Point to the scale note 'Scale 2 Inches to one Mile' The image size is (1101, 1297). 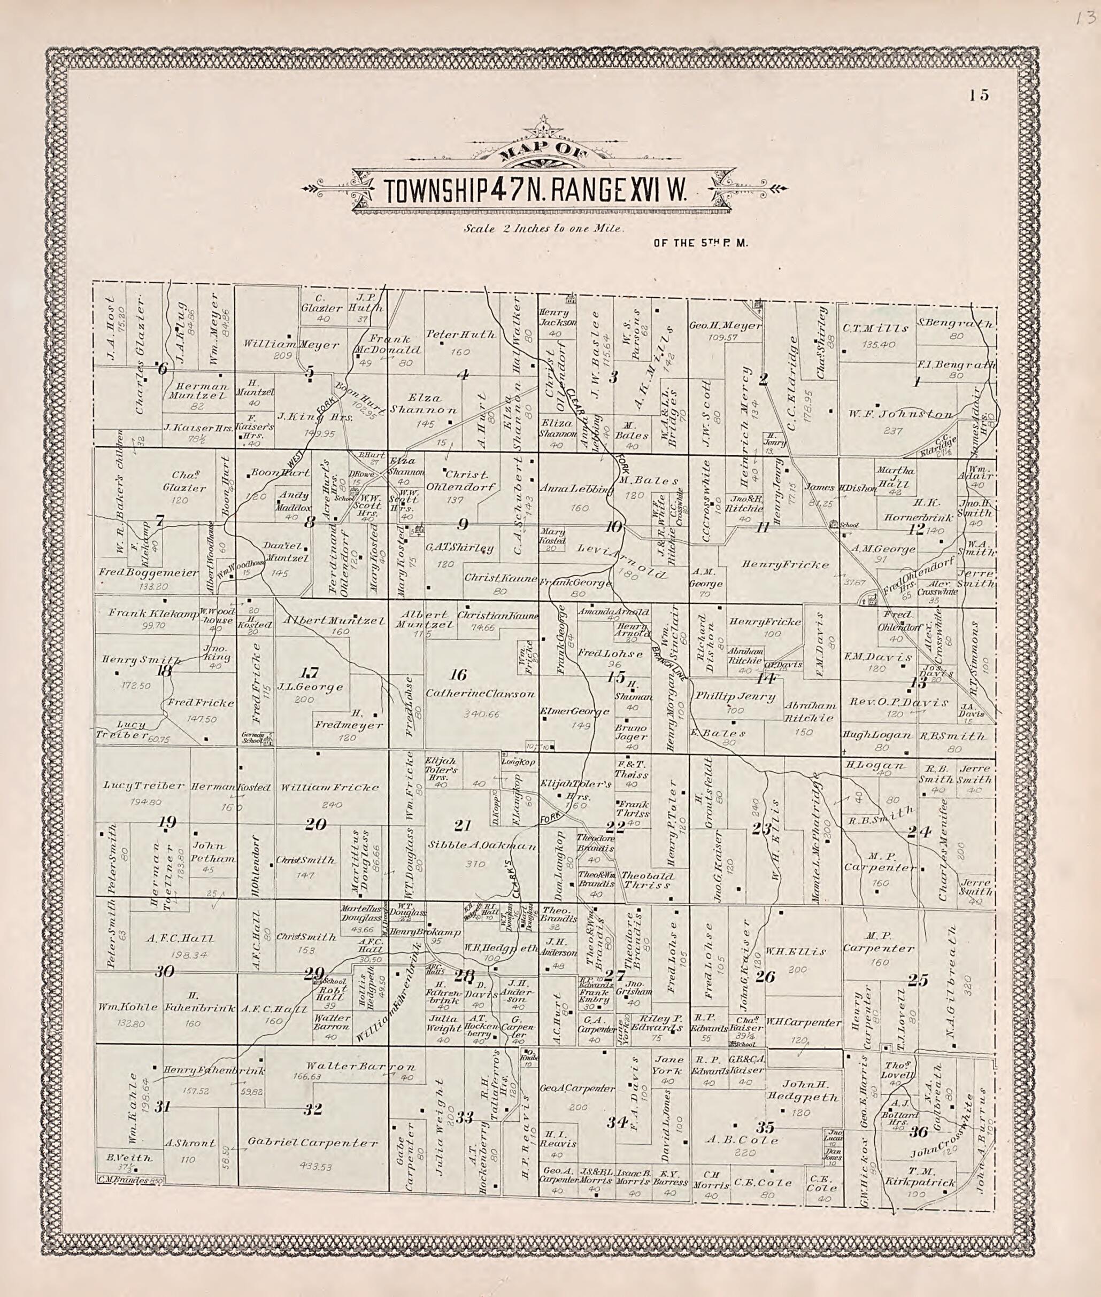pyautogui.click(x=543, y=229)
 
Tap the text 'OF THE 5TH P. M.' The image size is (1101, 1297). pyautogui.click(x=700, y=243)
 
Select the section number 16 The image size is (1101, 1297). pyautogui.click(x=459, y=674)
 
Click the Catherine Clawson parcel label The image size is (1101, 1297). pyautogui.click(x=480, y=693)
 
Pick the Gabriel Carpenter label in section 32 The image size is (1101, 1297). pyautogui.click(x=313, y=1143)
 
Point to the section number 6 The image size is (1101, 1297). pyautogui.click(x=163, y=369)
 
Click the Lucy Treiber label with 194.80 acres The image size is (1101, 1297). pyautogui.click(x=143, y=786)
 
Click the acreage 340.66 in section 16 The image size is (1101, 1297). pyautogui.click(x=481, y=714)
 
